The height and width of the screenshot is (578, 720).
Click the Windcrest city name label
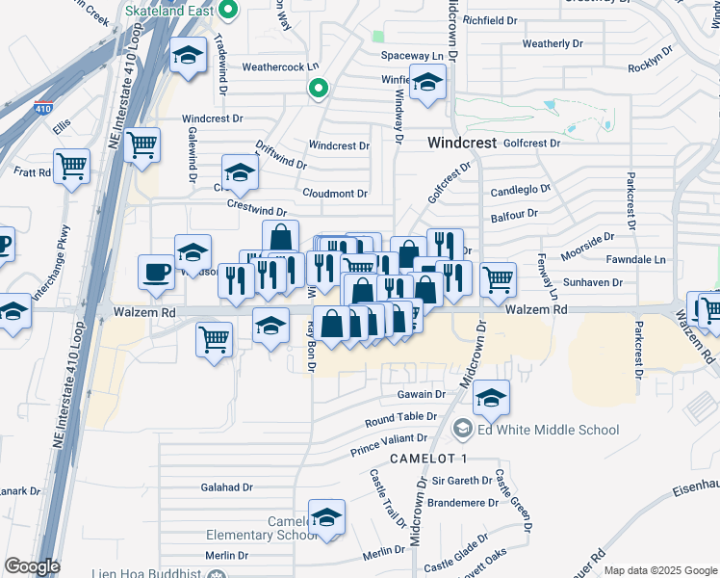pyautogui.click(x=461, y=143)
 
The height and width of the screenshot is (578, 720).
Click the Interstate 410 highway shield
pyautogui.click(x=43, y=108)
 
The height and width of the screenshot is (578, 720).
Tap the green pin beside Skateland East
pyautogui.click(x=228, y=12)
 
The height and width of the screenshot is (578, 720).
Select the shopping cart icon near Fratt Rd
pyautogui.click(x=71, y=167)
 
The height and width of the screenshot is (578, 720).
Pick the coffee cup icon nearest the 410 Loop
pyautogui.click(x=156, y=273)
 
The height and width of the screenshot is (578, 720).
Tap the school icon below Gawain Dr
pyautogui.click(x=491, y=398)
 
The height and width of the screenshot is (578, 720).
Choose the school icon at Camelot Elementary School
pyautogui.click(x=326, y=517)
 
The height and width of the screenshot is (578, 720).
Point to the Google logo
pyautogui.click(x=32, y=566)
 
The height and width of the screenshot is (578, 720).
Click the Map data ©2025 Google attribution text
pyautogui.click(x=659, y=570)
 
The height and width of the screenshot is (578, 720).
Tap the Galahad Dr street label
pyautogui.click(x=226, y=487)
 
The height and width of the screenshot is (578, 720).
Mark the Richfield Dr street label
pyautogui.click(x=490, y=20)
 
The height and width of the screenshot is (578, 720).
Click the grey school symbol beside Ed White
pyautogui.click(x=462, y=429)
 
